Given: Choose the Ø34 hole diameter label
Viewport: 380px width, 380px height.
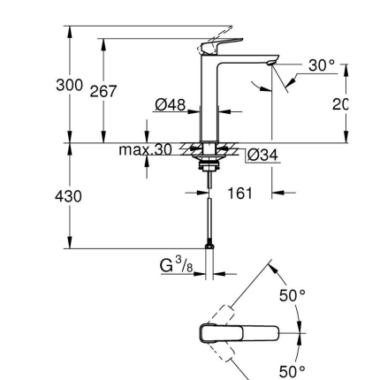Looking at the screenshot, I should pyautogui.click(x=262, y=156).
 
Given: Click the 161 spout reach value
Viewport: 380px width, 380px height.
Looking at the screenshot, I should pyautogui.click(x=241, y=190).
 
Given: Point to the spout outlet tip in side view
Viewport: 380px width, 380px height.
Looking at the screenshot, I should pyautogui.click(x=270, y=64).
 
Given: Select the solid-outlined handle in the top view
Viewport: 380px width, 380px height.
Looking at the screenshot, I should pyautogui.click(x=239, y=334).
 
